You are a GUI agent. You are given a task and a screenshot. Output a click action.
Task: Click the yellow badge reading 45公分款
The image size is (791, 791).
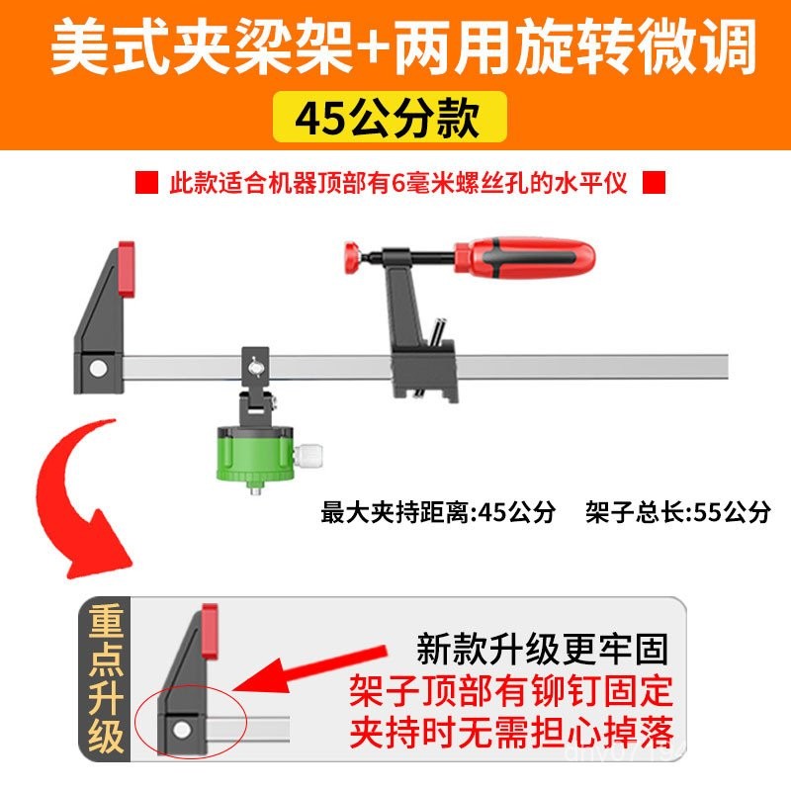coord(390,117)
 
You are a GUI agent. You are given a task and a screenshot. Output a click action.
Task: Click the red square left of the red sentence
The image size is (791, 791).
coord(146,182)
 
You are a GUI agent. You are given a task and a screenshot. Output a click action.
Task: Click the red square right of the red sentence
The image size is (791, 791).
coord(654,182)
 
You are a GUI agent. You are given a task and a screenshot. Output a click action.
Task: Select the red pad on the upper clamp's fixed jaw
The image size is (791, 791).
coord(127,268)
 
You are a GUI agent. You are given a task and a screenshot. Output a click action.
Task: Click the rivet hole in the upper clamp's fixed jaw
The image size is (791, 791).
coord(98,368)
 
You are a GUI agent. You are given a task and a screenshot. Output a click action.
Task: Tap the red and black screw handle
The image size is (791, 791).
coord(524,257)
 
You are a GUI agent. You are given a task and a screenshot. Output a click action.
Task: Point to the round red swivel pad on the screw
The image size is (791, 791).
coord(353,257)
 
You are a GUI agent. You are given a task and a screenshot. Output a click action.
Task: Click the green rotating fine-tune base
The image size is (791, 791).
coord(255,454)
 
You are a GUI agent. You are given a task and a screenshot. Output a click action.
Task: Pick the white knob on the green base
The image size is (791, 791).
coord(308,454)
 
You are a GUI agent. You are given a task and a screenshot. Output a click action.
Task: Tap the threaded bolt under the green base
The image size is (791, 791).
coord(256,487)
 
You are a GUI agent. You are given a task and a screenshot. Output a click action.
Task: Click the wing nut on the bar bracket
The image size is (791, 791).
coord(255,366)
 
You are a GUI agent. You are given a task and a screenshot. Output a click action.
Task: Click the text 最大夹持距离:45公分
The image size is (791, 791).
coord(438,512)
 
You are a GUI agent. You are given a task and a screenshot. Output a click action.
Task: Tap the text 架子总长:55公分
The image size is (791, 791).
coord(678,512)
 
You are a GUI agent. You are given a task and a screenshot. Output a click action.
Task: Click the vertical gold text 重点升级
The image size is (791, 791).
coord(107,679)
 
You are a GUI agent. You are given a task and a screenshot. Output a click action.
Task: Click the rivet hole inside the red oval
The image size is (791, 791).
coord(182,730)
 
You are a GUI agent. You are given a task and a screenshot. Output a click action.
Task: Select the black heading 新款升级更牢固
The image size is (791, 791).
coord(542,650)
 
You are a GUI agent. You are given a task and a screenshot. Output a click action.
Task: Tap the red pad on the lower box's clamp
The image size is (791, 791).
coord(210,631)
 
